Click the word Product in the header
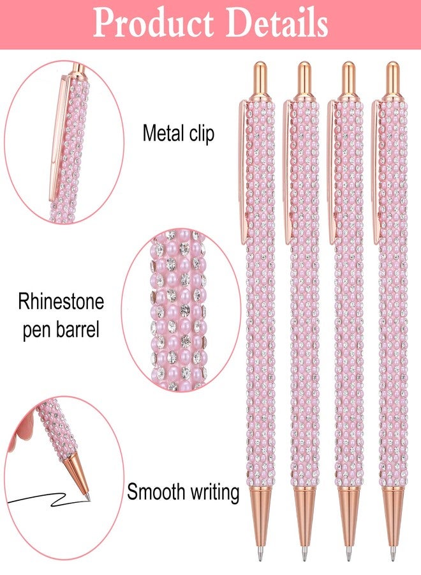click(153, 24)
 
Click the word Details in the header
click(277, 24)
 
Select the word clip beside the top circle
click(202, 134)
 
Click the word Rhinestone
click(61, 302)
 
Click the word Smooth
click(156, 492)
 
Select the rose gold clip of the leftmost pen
click(243, 172)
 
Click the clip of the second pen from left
click(288, 172)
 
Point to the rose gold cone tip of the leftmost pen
click(260, 516)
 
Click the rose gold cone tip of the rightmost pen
click(393, 516)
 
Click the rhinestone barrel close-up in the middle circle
click(178, 309)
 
